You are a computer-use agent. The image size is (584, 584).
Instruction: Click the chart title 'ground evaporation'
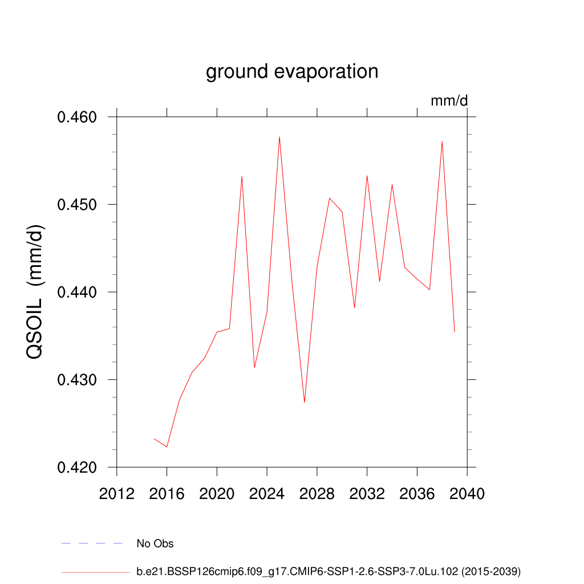pos(292,72)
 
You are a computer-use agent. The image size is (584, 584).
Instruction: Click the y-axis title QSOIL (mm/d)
pos(36,292)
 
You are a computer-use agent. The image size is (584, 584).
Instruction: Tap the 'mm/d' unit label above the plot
pos(449,102)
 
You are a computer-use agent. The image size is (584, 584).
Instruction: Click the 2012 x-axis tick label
pos(117,494)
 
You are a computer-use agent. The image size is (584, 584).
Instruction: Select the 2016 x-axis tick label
pos(167,494)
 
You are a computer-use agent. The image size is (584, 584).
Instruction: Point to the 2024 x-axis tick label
pos(267,494)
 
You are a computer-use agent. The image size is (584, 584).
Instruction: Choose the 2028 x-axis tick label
pos(317,494)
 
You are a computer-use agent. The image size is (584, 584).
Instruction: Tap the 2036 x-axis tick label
pos(417,494)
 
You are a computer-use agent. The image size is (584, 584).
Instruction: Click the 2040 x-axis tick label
pos(467,494)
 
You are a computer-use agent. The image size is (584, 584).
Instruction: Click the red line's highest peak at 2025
pos(279,137)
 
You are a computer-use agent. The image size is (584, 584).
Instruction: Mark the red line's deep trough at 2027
pos(305,402)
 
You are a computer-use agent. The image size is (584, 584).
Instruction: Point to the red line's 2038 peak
pos(442,141)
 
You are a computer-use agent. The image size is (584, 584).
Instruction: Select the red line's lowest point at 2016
pos(167,447)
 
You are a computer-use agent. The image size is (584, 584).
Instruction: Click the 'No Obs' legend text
pos(155,544)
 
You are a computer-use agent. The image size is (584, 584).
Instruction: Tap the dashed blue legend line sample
pos(92,544)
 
